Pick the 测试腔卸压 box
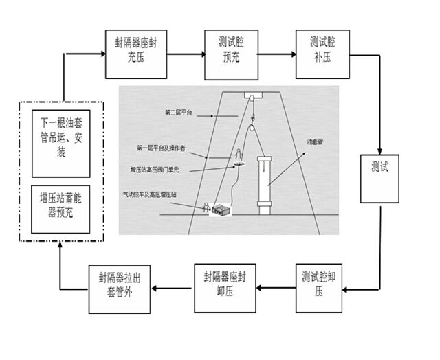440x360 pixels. coord(319,284)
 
